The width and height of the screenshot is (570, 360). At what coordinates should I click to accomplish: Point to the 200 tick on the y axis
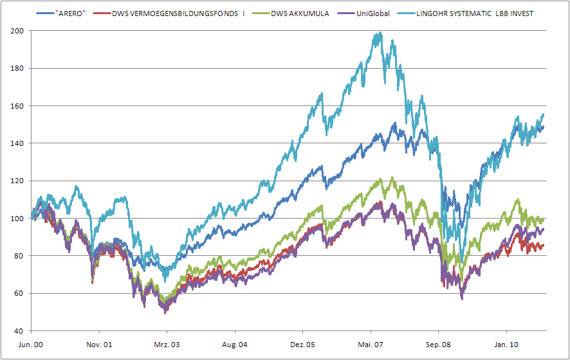tap(17, 31)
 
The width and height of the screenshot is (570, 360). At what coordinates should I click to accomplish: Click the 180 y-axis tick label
tap(17, 68)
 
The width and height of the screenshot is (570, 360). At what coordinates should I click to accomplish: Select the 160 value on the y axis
tap(17, 106)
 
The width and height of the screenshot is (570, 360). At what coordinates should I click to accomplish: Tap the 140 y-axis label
tap(17, 143)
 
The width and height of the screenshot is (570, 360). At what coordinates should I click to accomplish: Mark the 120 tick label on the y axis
tap(17, 181)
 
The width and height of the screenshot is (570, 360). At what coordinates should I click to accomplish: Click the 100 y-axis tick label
tap(17, 219)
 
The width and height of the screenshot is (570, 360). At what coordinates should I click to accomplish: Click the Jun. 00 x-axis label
tap(31, 345)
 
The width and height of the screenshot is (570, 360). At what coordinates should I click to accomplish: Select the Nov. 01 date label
tap(99, 345)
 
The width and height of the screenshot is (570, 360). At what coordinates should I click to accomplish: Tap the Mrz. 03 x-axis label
tap(167, 345)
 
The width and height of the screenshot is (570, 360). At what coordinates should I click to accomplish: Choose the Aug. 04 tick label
tap(234, 345)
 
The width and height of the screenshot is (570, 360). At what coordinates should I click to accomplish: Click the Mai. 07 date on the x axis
tap(370, 345)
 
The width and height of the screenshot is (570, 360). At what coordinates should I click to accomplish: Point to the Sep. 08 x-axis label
tap(437, 345)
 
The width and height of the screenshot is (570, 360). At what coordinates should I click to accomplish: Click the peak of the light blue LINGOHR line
tap(380, 33)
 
